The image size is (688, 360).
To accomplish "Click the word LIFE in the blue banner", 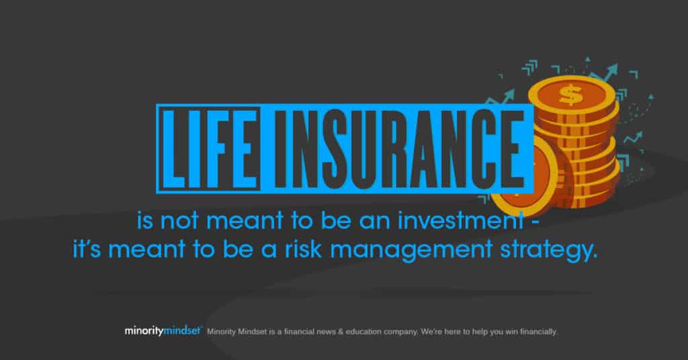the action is point(210,148).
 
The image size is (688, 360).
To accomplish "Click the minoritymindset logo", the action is point(163,330).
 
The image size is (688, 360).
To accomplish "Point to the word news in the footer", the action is point(326,332).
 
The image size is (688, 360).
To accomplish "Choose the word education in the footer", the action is point(363,332).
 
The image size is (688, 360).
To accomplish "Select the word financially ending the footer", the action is point(539,332).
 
